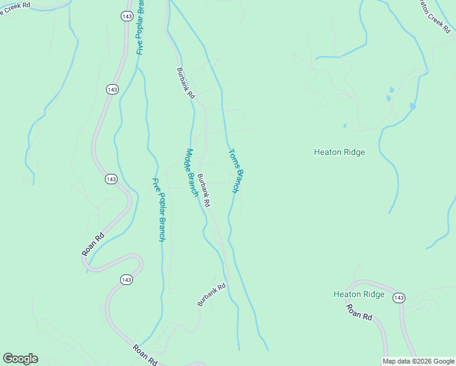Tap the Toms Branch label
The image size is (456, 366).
[237, 171]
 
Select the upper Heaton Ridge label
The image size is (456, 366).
[339, 152]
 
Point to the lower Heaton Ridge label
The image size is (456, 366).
[358, 294]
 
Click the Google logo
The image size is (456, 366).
[20, 359]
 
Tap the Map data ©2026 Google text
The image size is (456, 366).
[418, 361]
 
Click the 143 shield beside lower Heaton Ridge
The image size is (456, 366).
[399, 298]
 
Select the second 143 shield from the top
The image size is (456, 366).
[112, 90]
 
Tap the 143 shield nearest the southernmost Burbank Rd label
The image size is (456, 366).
[126, 279]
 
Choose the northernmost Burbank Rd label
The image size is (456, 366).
[185, 83]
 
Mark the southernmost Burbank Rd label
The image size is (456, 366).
[212, 295]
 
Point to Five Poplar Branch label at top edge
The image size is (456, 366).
[141, 27]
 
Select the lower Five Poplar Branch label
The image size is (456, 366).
[159, 209]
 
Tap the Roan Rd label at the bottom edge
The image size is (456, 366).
[146, 355]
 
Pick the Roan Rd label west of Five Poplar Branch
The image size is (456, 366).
[93, 243]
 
